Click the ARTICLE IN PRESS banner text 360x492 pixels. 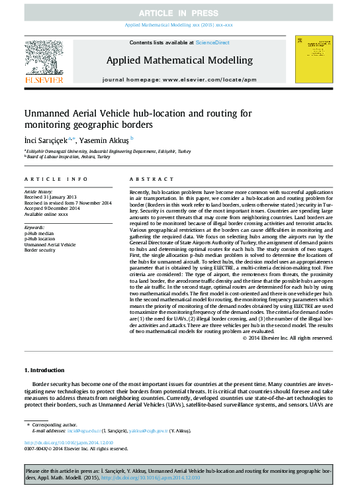pyautogui.click(x=179, y=13)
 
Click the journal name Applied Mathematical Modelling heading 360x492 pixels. pyautogui.click(x=179, y=60)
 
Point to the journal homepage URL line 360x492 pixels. pyautogui.click(x=179, y=79)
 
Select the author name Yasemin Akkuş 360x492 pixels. pyautogui.click(x=105, y=140)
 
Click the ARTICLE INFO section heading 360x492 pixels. pyautogui.click(x=56, y=179)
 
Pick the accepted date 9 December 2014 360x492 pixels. pyautogui.click(x=52, y=209)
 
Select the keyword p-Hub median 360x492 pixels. pyautogui.click(x=42, y=233)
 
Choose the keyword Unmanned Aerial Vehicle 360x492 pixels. pyautogui.click(x=50, y=245)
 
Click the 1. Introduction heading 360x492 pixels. pyautogui.click(x=44, y=369)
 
